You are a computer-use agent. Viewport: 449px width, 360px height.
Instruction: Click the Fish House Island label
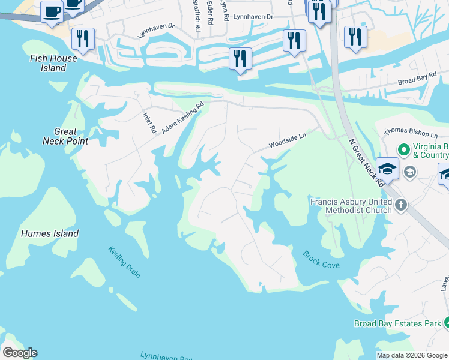pos(54,63)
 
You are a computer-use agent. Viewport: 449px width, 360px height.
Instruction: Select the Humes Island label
pos(50,233)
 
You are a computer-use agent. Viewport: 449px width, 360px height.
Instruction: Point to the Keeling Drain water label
pos(124,262)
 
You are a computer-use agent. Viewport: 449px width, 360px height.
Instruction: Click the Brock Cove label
pos(321,259)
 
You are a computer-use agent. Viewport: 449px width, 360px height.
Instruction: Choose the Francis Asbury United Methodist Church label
pos(351,206)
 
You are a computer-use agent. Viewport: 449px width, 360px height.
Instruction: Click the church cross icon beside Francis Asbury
pos(401,206)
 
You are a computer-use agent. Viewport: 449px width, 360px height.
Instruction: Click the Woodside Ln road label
pos(287,142)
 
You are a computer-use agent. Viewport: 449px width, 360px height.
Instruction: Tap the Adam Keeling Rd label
pos(182,118)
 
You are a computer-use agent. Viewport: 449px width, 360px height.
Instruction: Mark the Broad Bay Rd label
pos(415,80)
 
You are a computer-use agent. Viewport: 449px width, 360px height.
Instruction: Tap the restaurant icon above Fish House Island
pos(82,39)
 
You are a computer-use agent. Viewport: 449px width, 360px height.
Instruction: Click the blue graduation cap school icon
pos(387,169)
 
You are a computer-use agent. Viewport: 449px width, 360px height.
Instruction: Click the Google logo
pos(19,353)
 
